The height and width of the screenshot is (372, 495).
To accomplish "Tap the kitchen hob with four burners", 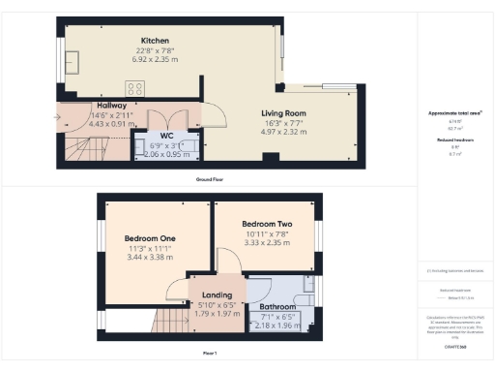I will (x=135, y=87).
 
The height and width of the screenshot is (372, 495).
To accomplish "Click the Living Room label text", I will (x=283, y=113).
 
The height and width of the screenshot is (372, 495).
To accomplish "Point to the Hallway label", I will (x=113, y=106).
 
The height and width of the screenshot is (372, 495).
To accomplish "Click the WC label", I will (x=165, y=136).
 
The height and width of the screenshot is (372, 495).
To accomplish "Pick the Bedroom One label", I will (x=150, y=237).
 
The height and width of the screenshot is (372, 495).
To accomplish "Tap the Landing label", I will (x=217, y=296).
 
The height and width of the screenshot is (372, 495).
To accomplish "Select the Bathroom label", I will (x=277, y=307).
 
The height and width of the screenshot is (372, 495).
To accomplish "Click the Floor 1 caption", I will (x=209, y=352).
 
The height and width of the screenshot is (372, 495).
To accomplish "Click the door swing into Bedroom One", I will (x=176, y=289).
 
